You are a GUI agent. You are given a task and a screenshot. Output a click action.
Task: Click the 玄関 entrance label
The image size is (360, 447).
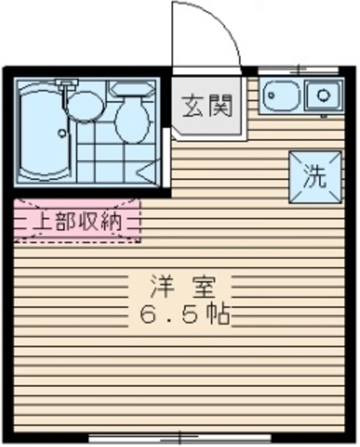click(207, 108)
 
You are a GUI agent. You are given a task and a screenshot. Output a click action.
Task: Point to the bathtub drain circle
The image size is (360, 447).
click(62, 131)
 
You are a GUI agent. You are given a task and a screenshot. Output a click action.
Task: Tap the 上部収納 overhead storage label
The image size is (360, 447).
click(78, 222)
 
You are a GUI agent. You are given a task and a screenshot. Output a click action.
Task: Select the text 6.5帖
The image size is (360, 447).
click(185, 316)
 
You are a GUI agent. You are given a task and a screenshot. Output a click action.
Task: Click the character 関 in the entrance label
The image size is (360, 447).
click(219, 108)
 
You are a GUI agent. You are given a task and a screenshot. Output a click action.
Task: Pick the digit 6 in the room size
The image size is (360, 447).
click(150, 316)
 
